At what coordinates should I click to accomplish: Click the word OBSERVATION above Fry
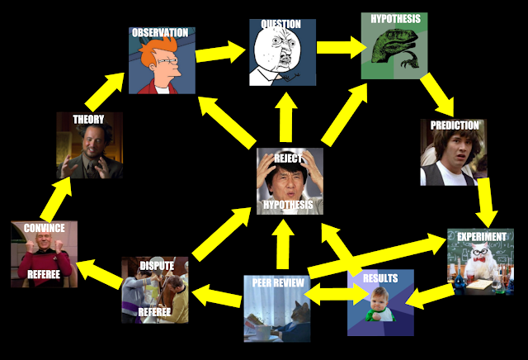[159, 33]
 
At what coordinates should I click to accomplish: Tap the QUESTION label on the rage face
[280, 25]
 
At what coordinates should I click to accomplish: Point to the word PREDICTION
[450, 126]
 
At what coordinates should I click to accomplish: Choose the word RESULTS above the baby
[380, 278]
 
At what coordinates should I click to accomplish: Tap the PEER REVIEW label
[276, 284]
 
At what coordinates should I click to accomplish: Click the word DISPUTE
[156, 266]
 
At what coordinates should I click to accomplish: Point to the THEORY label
[88, 120]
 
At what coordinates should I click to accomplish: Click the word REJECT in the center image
[288, 159]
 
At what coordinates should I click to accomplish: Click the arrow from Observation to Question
[222, 55]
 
